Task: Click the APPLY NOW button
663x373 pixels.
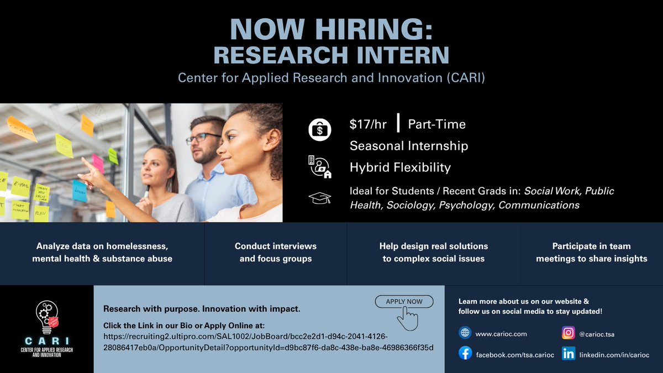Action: tap(404, 301)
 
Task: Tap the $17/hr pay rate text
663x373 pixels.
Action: tap(368, 124)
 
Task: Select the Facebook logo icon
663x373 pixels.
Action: tap(466, 354)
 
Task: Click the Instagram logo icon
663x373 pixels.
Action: tap(568, 333)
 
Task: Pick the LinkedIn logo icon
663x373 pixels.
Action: tap(568, 354)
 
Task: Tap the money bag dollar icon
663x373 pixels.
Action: tap(319, 130)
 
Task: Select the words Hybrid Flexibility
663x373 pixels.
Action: tap(400, 167)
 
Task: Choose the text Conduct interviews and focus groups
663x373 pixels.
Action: tap(275, 252)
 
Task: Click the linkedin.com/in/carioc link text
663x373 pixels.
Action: tap(614, 354)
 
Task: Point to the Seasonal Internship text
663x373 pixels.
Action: tap(409, 146)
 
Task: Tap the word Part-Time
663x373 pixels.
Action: tap(436, 124)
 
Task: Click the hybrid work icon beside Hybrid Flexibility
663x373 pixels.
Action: tap(319, 167)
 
